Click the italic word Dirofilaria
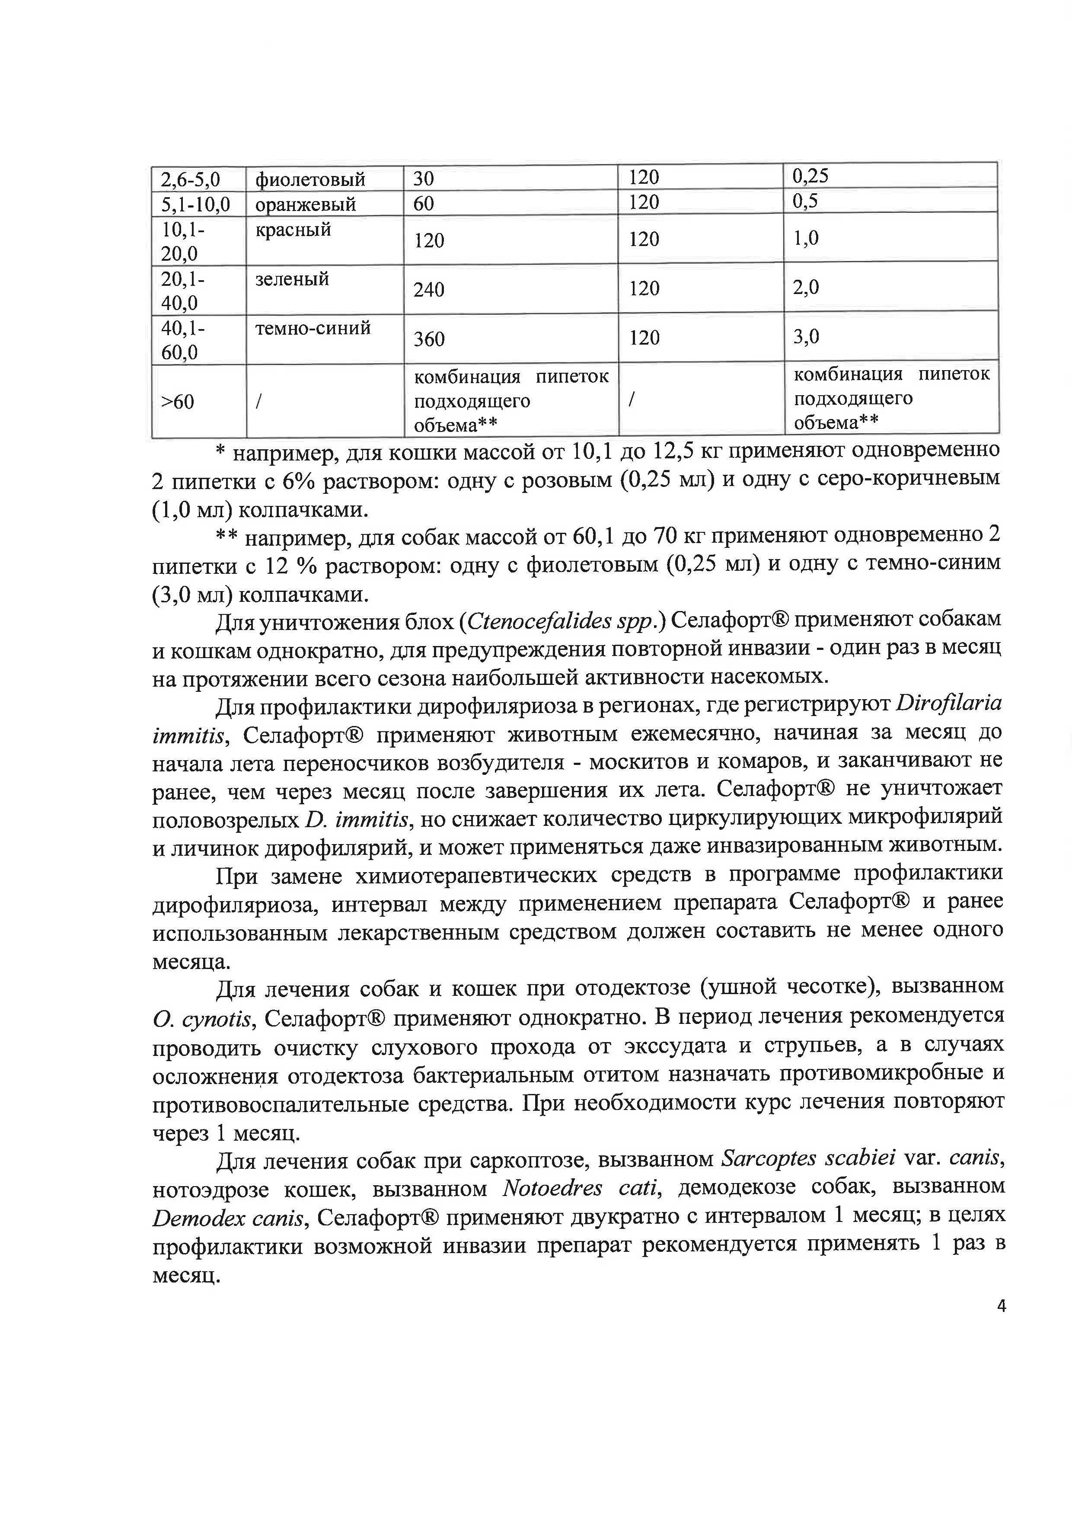click(948, 704)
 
